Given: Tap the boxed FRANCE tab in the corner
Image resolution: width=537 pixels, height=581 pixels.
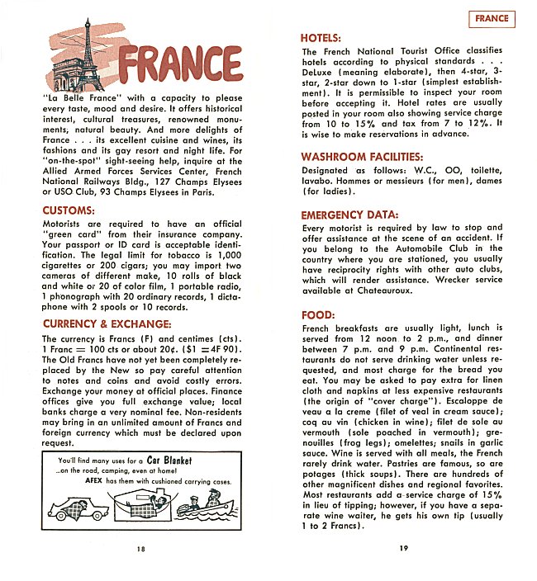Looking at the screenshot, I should tap(492, 19).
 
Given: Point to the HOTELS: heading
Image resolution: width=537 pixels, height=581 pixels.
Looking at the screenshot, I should tap(322, 38).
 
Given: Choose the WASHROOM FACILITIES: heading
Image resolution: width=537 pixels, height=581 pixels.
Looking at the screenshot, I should tap(362, 156).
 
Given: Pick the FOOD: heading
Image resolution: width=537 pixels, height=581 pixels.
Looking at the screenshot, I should tap(318, 315).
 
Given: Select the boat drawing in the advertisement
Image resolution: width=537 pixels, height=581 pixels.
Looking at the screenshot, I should tap(205, 505).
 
